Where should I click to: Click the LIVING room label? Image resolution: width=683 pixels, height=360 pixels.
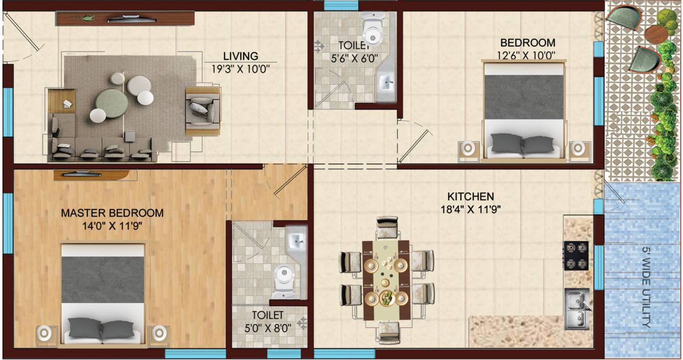click(x=240, y=56)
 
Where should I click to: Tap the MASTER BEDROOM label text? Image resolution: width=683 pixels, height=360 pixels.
click(x=112, y=213)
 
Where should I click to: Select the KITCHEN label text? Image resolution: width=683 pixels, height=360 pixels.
click(x=470, y=196)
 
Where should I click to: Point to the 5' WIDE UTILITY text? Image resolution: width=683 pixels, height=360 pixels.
click(x=646, y=287)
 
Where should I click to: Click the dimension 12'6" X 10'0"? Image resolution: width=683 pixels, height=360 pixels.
click(x=527, y=55)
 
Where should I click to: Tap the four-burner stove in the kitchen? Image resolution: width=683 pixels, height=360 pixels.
click(x=576, y=255)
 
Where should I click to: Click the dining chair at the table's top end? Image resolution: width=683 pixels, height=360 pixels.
click(x=387, y=227)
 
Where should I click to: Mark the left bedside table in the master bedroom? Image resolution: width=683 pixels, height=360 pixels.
click(x=47, y=335)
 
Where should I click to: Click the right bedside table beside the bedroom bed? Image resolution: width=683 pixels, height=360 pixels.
click(x=578, y=149)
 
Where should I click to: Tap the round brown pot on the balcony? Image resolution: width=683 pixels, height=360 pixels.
click(x=656, y=34)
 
